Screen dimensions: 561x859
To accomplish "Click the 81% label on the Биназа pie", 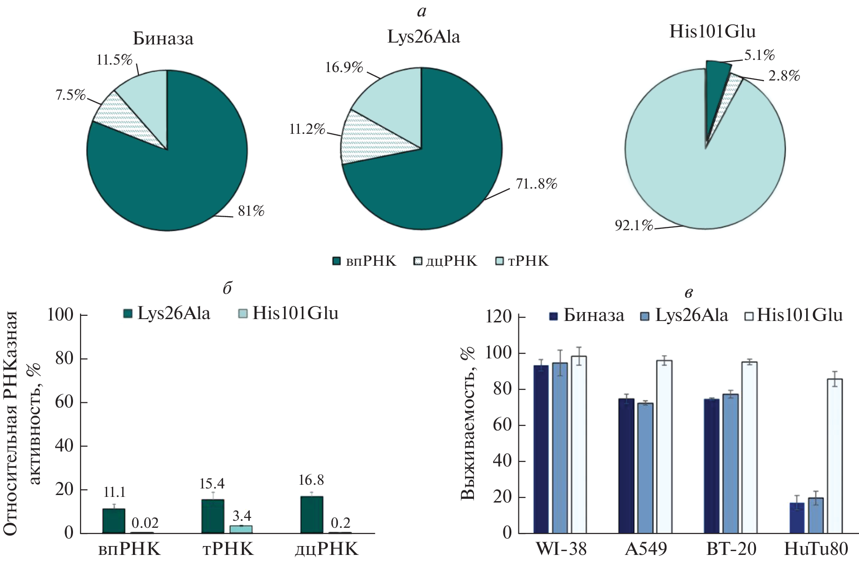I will tap(251, 211).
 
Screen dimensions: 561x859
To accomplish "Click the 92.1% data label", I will tap(633, 226).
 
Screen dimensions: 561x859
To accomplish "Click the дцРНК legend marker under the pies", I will tap(418, 261).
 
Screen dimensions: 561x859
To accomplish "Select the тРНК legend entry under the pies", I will tap(522, 261).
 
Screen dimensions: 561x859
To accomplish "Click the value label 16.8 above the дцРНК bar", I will tap(311, 480).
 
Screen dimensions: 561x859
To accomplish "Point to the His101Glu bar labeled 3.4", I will tap(241, 529).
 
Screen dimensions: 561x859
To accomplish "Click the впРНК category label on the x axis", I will tap(129, 549).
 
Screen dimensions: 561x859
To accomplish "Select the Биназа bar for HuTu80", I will tap(797, 518).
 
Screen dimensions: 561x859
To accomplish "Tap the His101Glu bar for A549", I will tap(664, 447).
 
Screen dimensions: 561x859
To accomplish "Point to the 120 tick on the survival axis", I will tap(502, 317).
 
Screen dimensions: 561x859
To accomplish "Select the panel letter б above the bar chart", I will tap(227, 288).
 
